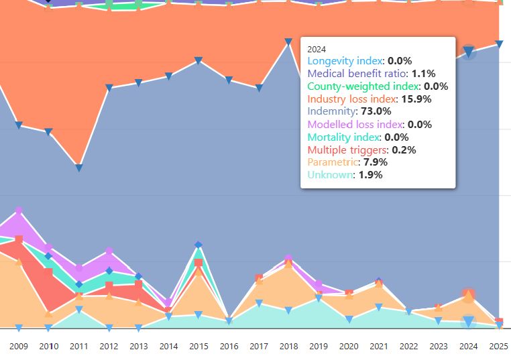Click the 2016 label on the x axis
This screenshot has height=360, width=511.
229,347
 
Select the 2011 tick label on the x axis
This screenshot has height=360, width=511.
79,347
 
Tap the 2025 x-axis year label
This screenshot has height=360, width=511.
499,347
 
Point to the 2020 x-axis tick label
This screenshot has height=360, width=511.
349,347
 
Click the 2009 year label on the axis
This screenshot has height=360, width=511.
19,347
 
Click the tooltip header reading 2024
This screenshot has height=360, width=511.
317,49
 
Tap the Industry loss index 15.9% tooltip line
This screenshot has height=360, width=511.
369,99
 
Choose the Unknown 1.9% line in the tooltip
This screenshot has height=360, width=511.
345,175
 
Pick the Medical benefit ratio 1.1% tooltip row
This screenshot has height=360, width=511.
371,73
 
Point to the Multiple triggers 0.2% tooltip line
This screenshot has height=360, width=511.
361,149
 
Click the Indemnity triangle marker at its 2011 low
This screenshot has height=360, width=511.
79,168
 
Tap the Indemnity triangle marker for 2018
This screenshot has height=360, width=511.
288,42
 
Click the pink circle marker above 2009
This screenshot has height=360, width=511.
19,211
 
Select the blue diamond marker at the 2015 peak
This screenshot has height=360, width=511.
198,245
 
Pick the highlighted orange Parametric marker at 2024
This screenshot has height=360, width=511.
469,295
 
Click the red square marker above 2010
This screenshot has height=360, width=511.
49,272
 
